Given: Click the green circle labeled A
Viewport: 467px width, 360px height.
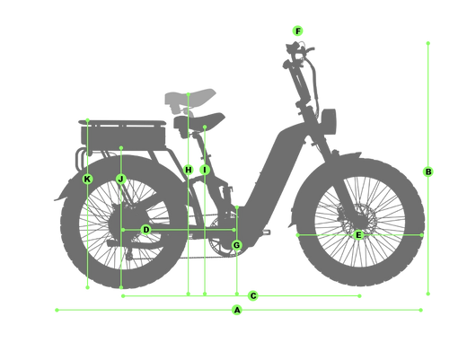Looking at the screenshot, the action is pyautogui.click(x=237, y=310).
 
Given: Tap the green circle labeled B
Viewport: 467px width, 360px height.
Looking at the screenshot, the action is pyautogui.click(x=428, y=171).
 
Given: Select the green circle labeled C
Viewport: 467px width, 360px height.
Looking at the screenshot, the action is pyautogui.click(x=253, y=296).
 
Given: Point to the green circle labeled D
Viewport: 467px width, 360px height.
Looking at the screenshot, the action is pyautogui.click(x=145, y=230).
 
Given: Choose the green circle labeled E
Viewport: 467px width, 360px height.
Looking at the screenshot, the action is pyautogui.click(x=358, y=235).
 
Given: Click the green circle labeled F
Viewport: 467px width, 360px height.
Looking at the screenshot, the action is pyautogui.click(x=297, y=31).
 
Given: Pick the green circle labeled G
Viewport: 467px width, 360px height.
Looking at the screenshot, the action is pyautogui.click(x=236, y=245).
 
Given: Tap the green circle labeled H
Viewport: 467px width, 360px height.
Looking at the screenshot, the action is pyautogui.click(x=189, y=170).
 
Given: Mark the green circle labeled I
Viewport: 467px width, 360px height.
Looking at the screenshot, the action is pyautogui.click(x=205, y=170).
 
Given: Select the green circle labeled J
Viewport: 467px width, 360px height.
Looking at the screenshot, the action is pyautogui.click(x=121, y=180).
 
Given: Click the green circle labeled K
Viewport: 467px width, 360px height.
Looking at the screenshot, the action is pyautogui.click(x=87, y=180).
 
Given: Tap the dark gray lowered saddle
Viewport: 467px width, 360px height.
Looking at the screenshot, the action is pyautogui.click(x=198, y=120).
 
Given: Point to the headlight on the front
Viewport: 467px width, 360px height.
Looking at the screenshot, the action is pyautogui.click(x=329, y=121).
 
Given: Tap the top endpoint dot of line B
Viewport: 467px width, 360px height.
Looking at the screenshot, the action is pyautogui.click(x=428, y=43).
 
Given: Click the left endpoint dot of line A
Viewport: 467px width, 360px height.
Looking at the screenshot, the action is pyautogui.click(x=57, y=310).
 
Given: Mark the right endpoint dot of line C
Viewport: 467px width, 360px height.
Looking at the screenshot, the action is pyautogui.click(x=359, y=296).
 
